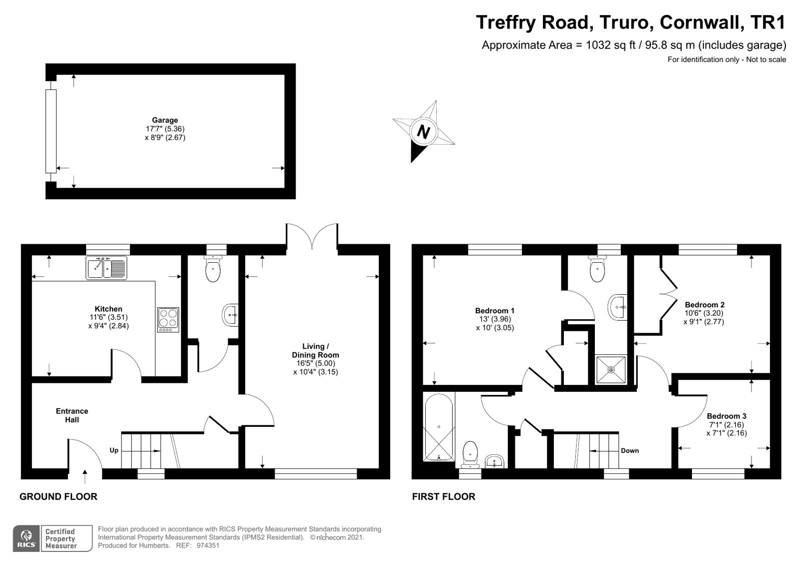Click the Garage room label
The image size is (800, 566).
coord(165,120)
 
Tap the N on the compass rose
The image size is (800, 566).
coord(423,132)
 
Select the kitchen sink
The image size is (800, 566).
coord(106,268)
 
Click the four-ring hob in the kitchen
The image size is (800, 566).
coord(168,319)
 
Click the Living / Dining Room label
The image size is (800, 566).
coord(316,350)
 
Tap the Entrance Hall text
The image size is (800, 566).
coord(72,415)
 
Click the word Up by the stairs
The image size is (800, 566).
coord(114,450)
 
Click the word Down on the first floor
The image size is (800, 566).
coord(629,450)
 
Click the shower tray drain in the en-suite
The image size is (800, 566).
coord(610,370)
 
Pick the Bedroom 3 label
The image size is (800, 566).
coord(726,416)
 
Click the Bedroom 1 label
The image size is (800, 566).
coord(495,311)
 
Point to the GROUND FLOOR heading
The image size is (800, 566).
coord(58,496)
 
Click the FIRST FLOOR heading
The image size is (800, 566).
coord(443,496)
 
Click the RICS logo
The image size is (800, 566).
coord(27,538)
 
